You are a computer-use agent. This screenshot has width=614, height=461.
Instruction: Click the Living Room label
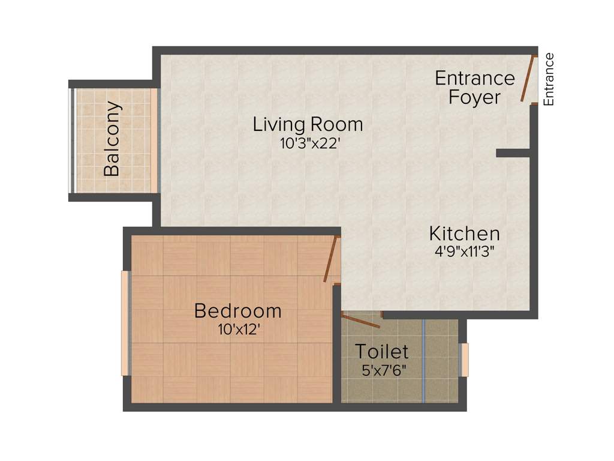point(308,125)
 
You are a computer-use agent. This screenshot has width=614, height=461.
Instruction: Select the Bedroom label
point(238,311)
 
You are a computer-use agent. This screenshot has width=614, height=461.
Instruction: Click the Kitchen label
point(464,234)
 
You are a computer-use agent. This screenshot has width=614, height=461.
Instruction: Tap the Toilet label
point(381,351)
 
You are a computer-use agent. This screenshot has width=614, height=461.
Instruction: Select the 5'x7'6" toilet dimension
point(384,370)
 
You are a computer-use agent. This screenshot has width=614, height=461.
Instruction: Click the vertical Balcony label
point(112,139)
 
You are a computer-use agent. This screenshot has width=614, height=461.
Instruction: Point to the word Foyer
point(474,97)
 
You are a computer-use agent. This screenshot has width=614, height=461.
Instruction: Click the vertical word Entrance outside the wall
point(549,80)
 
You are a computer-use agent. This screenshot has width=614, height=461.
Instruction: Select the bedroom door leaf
point(330,259)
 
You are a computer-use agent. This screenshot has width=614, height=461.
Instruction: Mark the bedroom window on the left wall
point(126,324)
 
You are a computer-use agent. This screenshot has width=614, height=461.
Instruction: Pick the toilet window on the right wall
point(463,360)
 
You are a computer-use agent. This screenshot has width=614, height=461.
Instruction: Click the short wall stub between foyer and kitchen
point(513,154)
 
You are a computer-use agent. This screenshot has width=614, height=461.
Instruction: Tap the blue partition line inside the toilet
point(423,360)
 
